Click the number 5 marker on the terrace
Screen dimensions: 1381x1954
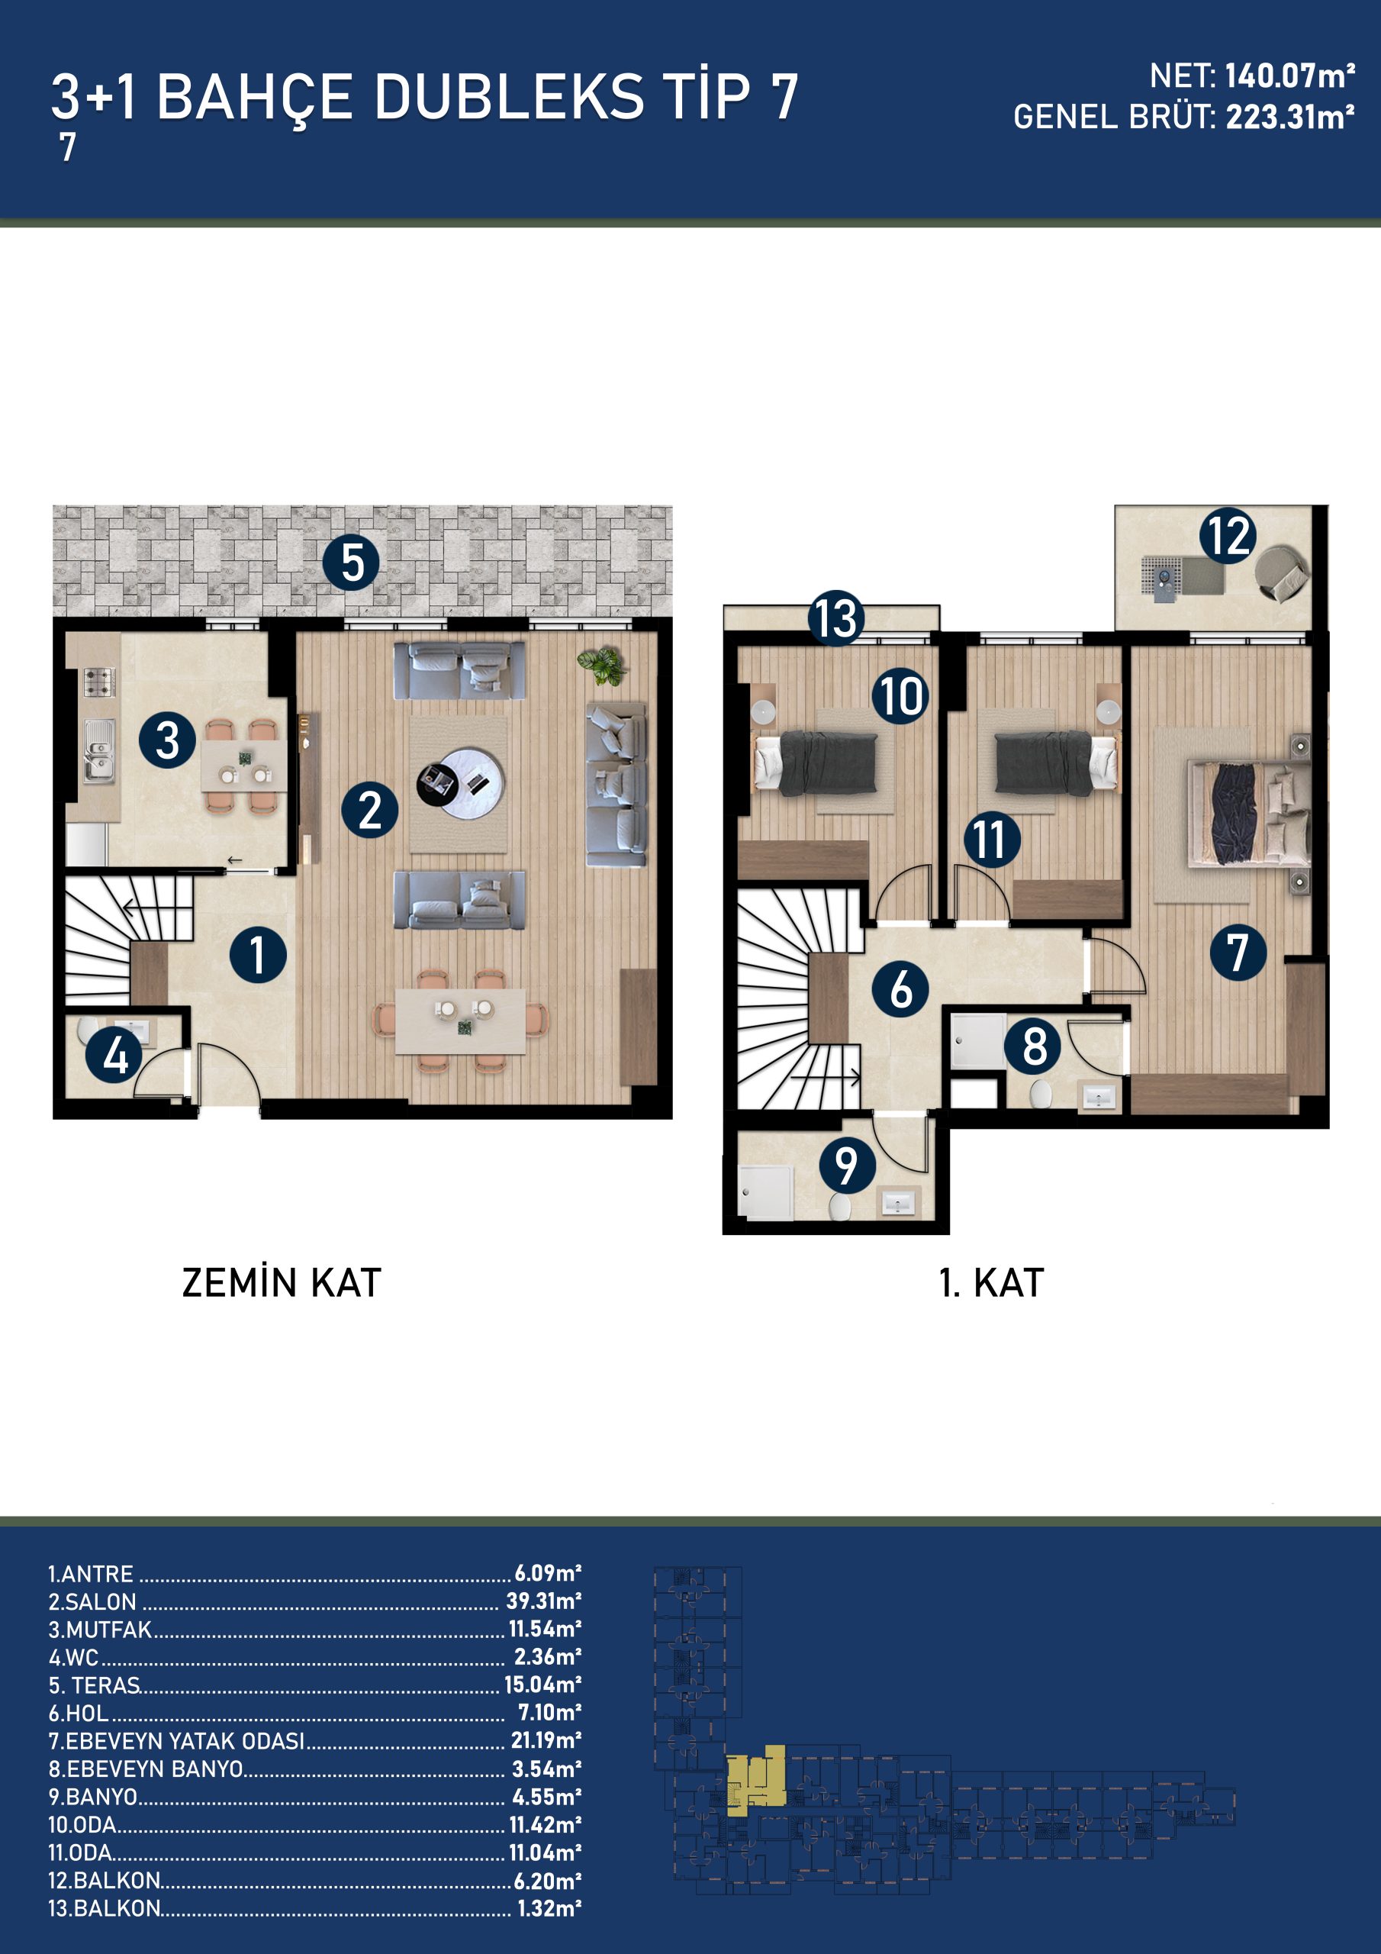(350, 563)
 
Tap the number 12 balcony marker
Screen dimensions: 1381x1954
(1228, 536)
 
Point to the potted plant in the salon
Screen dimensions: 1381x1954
(603, 665)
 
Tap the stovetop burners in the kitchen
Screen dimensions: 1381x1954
(98, 682)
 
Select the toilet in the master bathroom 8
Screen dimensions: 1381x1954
(1041, 1094)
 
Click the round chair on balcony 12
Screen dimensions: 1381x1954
(1283, 572)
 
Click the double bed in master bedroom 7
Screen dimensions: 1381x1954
(1249, 814)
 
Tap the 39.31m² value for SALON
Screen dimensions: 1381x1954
(544, 1600)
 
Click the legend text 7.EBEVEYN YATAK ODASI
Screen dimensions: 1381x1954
(176, 1741)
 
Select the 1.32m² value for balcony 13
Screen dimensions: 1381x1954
(549, 1908)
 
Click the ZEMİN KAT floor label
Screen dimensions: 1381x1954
(282, 1282)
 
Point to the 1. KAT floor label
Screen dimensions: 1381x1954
(991, 1282)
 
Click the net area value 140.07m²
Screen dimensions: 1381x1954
(1290, 76)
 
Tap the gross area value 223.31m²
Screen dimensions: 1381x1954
(1290, 118)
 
